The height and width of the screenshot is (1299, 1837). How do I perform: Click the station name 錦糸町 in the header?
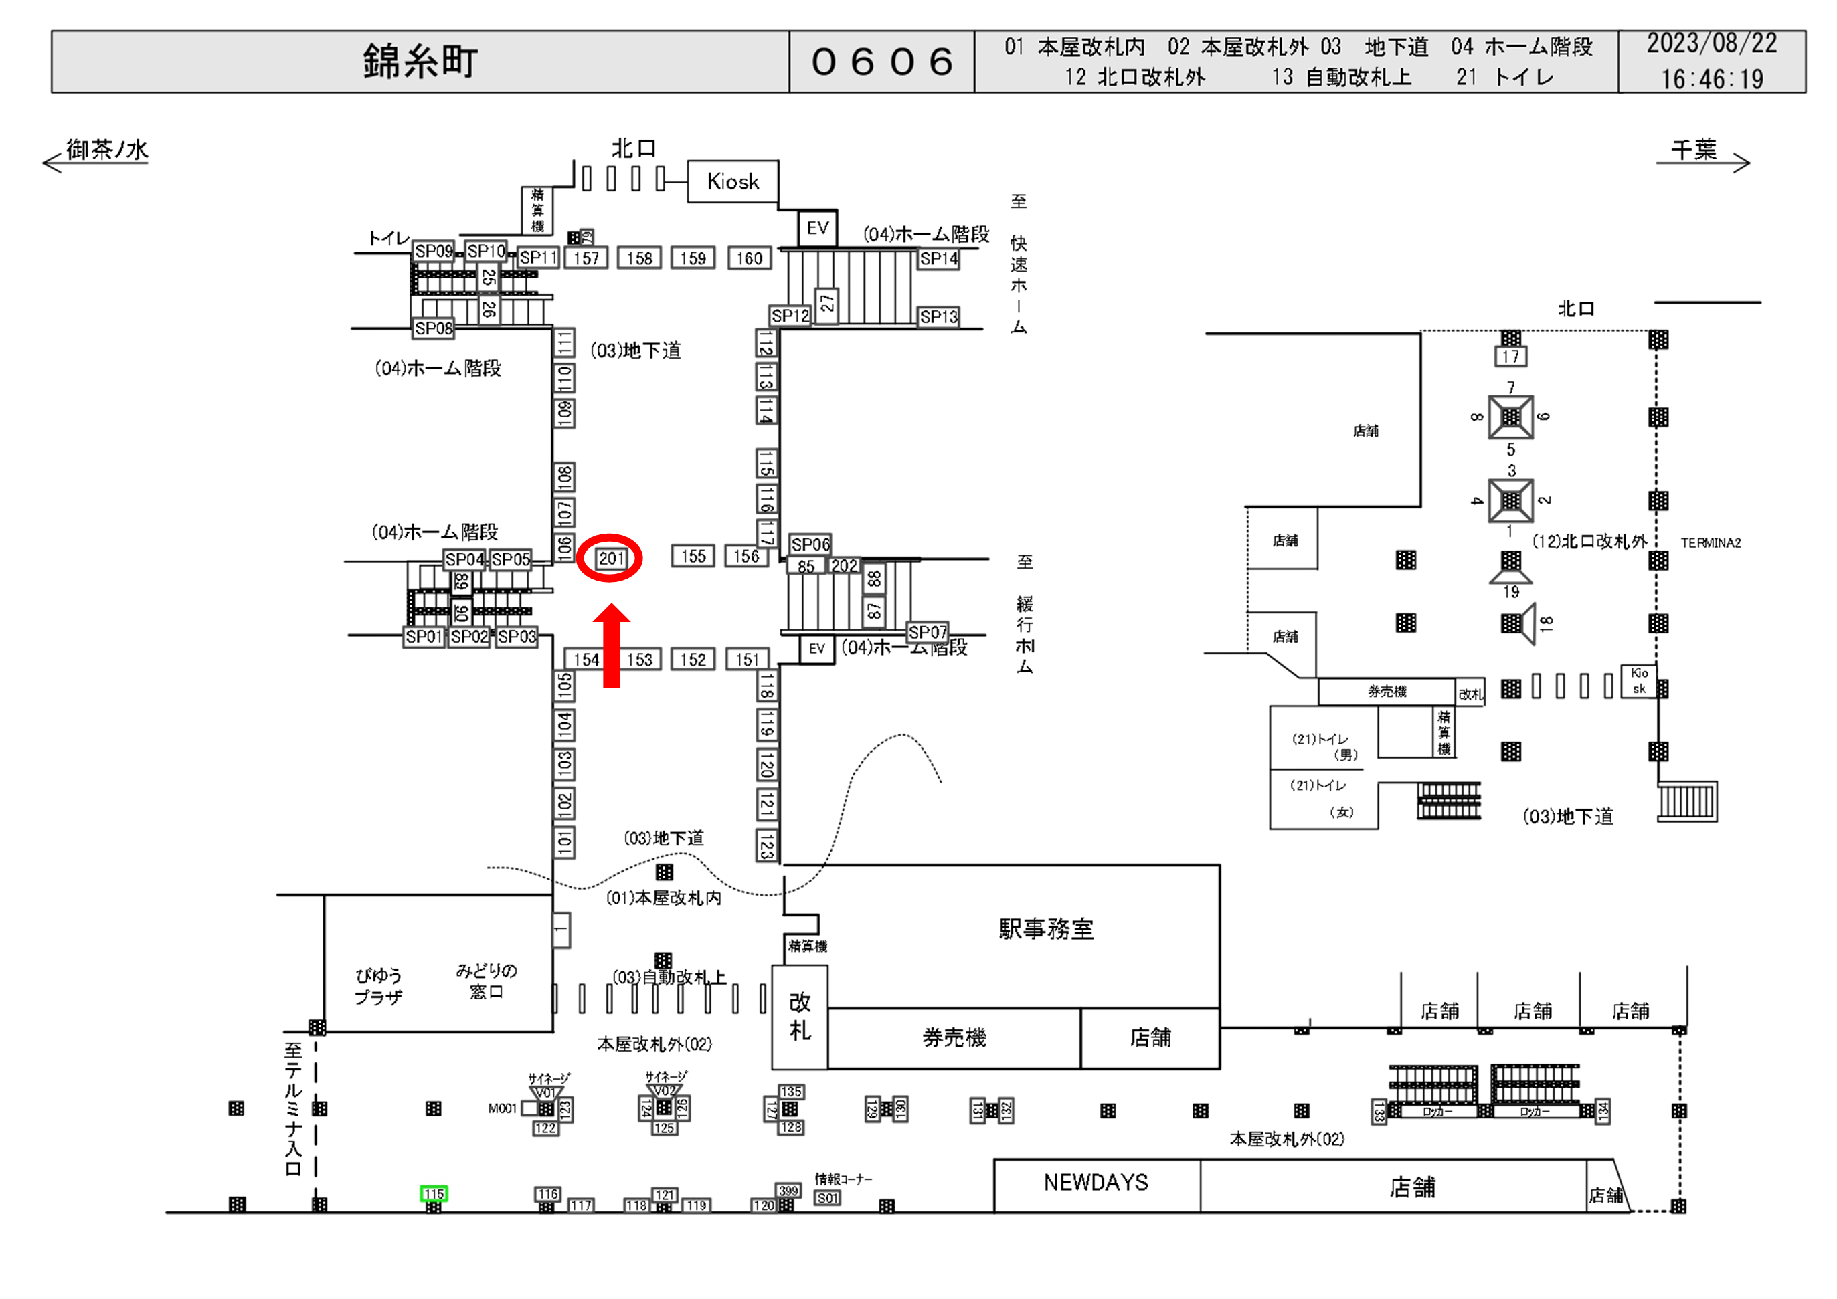(420, 62)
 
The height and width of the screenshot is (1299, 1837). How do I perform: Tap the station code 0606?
(882, 62)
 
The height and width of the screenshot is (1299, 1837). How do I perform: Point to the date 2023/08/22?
(1711, 43)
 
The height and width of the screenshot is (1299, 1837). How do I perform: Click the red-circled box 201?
(610, 559)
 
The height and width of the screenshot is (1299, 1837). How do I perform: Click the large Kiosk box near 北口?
(733, 181)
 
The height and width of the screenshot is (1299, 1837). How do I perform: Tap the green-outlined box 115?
(434, 1193)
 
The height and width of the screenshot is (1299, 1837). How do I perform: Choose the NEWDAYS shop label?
(1096, 1182)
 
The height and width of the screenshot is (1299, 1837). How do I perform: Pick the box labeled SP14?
(938, 258)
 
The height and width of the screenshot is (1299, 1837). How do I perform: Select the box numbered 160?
(749, 258)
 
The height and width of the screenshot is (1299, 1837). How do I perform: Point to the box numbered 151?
(748, 659)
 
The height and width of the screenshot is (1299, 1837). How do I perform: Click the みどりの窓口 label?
(486, 981)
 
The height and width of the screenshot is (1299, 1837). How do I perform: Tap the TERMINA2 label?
(1710, 543)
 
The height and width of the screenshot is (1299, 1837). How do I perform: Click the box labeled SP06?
(810, 544)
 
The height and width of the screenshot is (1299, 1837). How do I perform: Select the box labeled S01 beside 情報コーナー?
(827, 1198)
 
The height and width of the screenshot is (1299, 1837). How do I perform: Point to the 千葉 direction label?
(1694, 150)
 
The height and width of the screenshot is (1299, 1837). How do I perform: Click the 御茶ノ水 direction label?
(107, 150)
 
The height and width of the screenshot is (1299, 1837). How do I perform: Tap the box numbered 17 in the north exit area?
(1510, 357)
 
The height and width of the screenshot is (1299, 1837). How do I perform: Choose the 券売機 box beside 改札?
(953, 1037)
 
